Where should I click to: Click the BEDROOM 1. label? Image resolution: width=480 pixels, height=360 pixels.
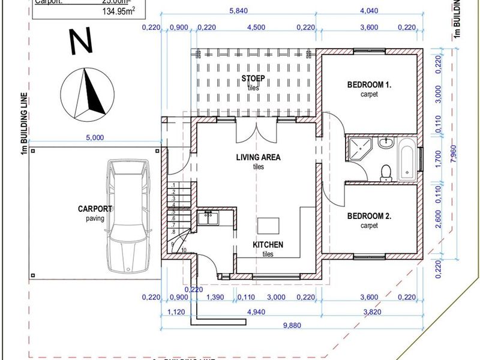pos(369,85)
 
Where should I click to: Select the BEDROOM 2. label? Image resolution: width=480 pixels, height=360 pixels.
pos(369,217)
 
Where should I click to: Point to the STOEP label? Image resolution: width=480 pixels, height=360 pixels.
pos(253,79)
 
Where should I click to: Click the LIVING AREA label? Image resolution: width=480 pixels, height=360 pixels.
pos(258,158)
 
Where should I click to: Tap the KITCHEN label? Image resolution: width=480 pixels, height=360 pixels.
pos(268,245)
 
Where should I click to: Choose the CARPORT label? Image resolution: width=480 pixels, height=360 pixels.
pos(95,209)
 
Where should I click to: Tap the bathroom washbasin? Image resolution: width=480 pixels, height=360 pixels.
pos(385,143)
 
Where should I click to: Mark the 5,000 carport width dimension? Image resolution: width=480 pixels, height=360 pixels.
pos(95,137)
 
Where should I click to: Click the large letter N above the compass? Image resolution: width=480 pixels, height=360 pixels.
pos(80,42)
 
